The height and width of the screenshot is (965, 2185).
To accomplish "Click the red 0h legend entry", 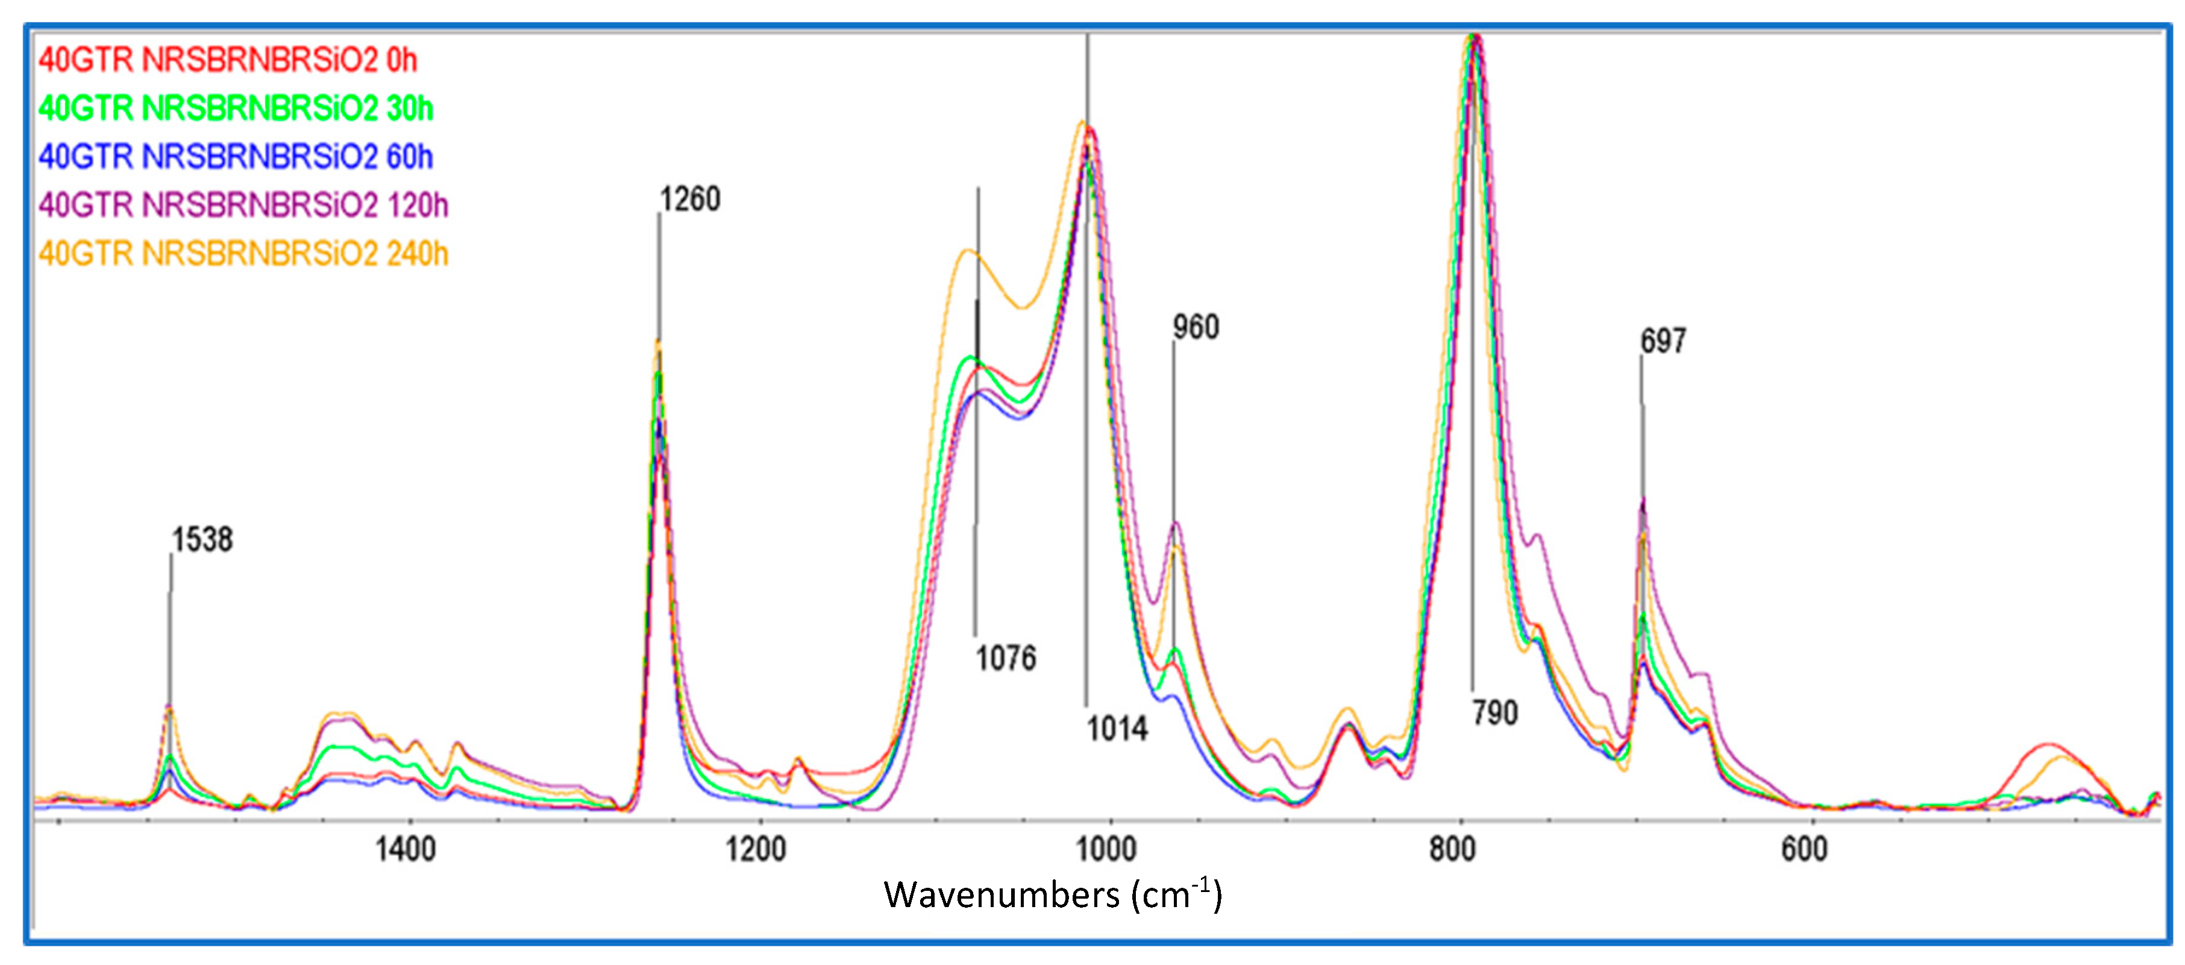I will (x=227, y=60).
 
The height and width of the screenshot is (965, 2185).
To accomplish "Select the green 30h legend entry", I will (x=236, y=109).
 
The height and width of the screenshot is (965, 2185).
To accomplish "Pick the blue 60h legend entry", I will (x=236, y=157).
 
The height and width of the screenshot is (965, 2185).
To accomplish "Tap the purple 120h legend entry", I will (x=243, y=206).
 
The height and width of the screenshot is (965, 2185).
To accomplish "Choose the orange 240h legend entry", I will (x=243, y=254).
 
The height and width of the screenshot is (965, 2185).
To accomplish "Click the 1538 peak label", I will (x=202, y=540).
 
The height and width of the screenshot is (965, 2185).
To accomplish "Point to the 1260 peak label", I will (x=689, y=200).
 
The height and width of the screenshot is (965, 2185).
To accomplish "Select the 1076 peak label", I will (x=1005, y=659).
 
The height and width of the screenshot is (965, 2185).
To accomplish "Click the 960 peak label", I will (x=1196, y=327).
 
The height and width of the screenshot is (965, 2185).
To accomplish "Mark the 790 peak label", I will (x=1494, y=713).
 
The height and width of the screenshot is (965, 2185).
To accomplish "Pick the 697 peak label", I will (x=1663, y=341).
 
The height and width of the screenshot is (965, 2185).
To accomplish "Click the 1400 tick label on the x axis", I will (x=406, y=849).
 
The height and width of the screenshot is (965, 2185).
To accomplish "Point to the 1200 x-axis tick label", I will (x=756, y=849).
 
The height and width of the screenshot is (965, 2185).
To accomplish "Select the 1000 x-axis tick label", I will (x=1105, y=849).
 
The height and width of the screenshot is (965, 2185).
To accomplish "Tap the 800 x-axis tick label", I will (x=1452, y=849).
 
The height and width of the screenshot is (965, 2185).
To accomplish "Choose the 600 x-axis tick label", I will (x=1804, y=849).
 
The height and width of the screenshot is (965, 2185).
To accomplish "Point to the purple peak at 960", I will (x=1176, y=523).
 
